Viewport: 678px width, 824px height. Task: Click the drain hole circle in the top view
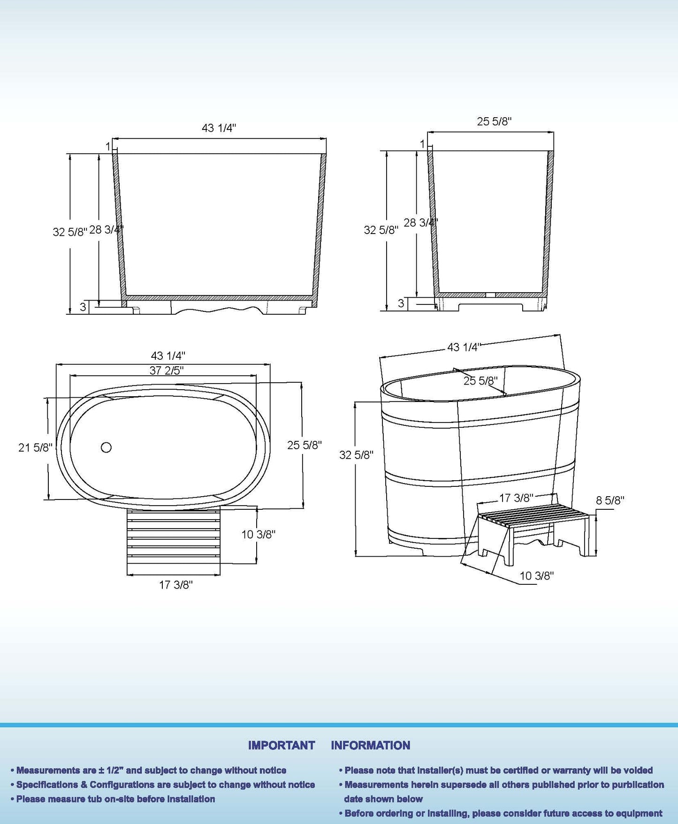point(106,447)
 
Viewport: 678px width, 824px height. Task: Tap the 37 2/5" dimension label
point(166,370)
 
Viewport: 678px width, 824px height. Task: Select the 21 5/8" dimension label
point(35,447)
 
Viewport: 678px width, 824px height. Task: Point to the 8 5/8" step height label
point(609,500)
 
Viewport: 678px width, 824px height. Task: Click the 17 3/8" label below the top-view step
point(175,585)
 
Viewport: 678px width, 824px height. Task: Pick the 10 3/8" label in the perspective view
point(536,575)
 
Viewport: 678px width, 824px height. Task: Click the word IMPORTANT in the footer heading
point(281,745)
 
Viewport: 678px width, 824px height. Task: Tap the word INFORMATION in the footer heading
point(370,745)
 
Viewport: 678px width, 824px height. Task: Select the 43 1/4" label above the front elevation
point(219,128)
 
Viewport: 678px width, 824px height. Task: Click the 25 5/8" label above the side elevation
point(494,121)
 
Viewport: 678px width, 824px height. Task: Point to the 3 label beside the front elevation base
point(83,307)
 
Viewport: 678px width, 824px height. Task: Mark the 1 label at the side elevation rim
point(422,144)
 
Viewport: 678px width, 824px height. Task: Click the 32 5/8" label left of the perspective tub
point(356,455)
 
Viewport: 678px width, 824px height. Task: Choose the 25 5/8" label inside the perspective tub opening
point(480,381)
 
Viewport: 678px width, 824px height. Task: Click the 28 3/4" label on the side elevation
point(420,222)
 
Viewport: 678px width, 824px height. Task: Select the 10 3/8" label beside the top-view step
point(258,534)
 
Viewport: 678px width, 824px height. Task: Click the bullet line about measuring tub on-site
point(115,799)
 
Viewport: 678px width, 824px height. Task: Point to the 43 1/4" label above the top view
point(168,356)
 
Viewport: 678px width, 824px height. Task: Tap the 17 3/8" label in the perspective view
point(516,498)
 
